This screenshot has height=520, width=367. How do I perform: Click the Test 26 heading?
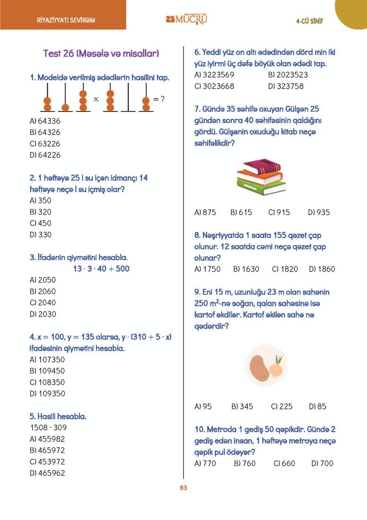[x=101, y=53]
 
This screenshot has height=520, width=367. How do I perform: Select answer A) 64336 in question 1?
[x=45, y=121]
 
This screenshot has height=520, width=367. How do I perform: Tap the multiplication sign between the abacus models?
[x=96, y=99]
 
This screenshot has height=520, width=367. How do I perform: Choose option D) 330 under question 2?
[x=41, y=234]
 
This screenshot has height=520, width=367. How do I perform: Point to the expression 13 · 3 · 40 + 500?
[x=101, y=269]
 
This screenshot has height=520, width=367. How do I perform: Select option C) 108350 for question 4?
[x=47, y=382]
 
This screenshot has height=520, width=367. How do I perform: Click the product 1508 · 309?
[x=49, y=428]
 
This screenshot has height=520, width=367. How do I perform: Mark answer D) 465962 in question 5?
[x=47, y=473]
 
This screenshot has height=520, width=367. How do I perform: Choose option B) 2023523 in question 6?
[x=288, y=75]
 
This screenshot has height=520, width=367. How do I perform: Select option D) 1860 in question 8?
[x=322, y=269]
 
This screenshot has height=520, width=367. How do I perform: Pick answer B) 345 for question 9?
[x=242, y=407]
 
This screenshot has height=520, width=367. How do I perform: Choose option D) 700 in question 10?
[x=322, y=463]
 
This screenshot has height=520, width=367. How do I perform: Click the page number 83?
[x=183, y=488]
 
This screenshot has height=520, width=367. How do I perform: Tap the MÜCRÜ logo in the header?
[x=187, y=19]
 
